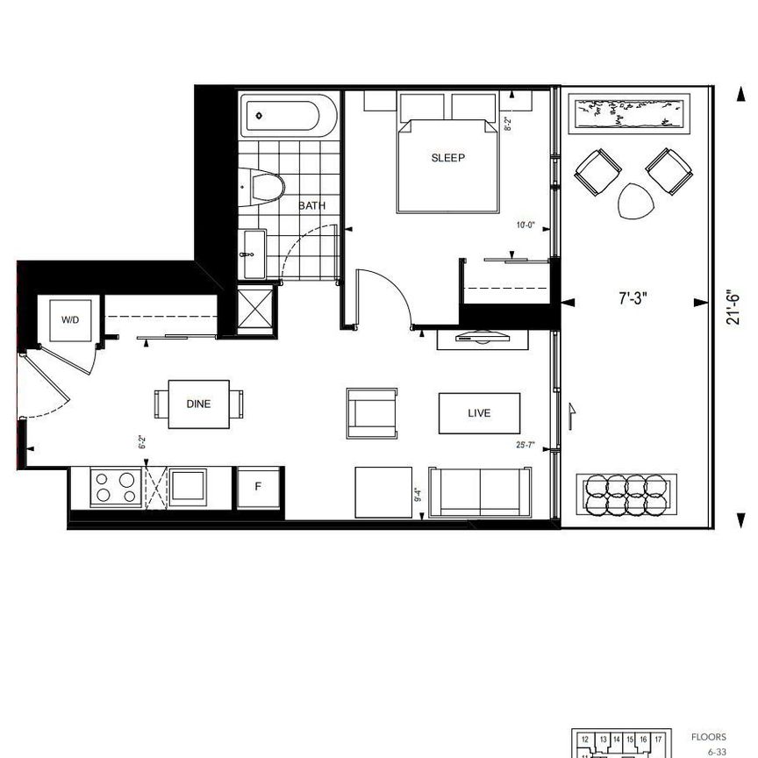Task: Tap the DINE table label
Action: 199,404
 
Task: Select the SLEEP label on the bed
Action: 447,159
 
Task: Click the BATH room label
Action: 312,206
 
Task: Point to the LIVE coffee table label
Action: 479,413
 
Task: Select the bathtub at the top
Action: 289,116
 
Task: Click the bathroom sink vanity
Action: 254,254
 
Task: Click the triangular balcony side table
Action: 636,202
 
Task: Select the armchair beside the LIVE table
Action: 371,412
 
